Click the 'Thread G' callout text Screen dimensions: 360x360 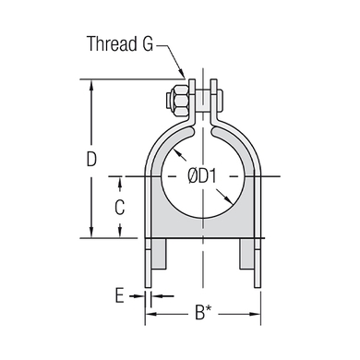120,43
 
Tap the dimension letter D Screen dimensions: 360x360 91,159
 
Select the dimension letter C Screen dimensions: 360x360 120,207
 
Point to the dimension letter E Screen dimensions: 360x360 120,295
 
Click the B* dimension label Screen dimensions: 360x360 203,313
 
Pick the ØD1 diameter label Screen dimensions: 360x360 202,176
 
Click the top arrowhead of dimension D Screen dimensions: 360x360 91,86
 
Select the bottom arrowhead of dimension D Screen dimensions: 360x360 91,232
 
